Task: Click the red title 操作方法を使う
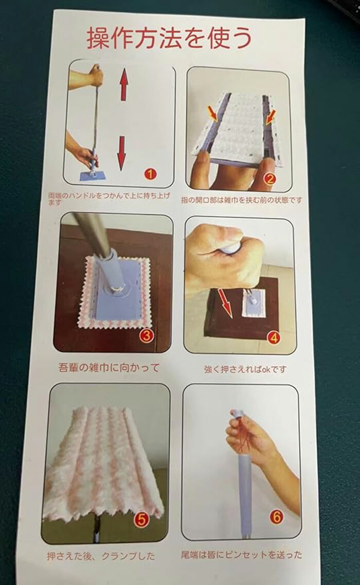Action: (169, 38)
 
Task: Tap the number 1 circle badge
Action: (150, 173)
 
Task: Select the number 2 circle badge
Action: (269, 179)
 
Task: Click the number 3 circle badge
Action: (146, 335)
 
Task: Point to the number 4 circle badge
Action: (274, 338)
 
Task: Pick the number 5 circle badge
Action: (141, 519)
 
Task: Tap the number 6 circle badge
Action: (277, 517)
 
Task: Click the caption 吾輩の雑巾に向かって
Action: (109, 367)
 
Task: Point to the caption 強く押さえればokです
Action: (245, 369)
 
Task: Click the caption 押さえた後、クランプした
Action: (101, 556)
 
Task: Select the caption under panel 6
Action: (241, 555)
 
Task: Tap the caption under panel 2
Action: (242, 200)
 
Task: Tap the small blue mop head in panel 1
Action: (93, 175)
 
